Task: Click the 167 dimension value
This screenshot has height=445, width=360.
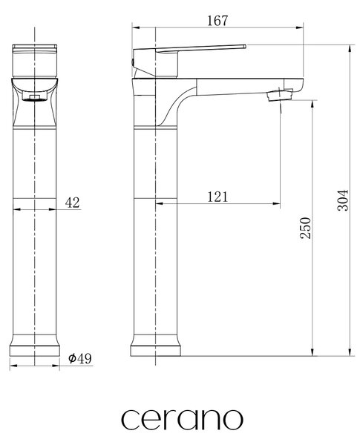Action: point(217,21)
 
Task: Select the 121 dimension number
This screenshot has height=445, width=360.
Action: point(217,197)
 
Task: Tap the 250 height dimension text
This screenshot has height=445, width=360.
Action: point(306,228)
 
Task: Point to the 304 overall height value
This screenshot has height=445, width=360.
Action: point(343,200)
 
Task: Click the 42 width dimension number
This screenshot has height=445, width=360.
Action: point(73,202)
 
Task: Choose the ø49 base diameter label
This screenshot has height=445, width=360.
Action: point(80,358)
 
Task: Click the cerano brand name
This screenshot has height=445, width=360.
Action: point(182,420)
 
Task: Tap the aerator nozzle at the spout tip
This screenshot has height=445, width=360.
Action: point(280,96)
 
